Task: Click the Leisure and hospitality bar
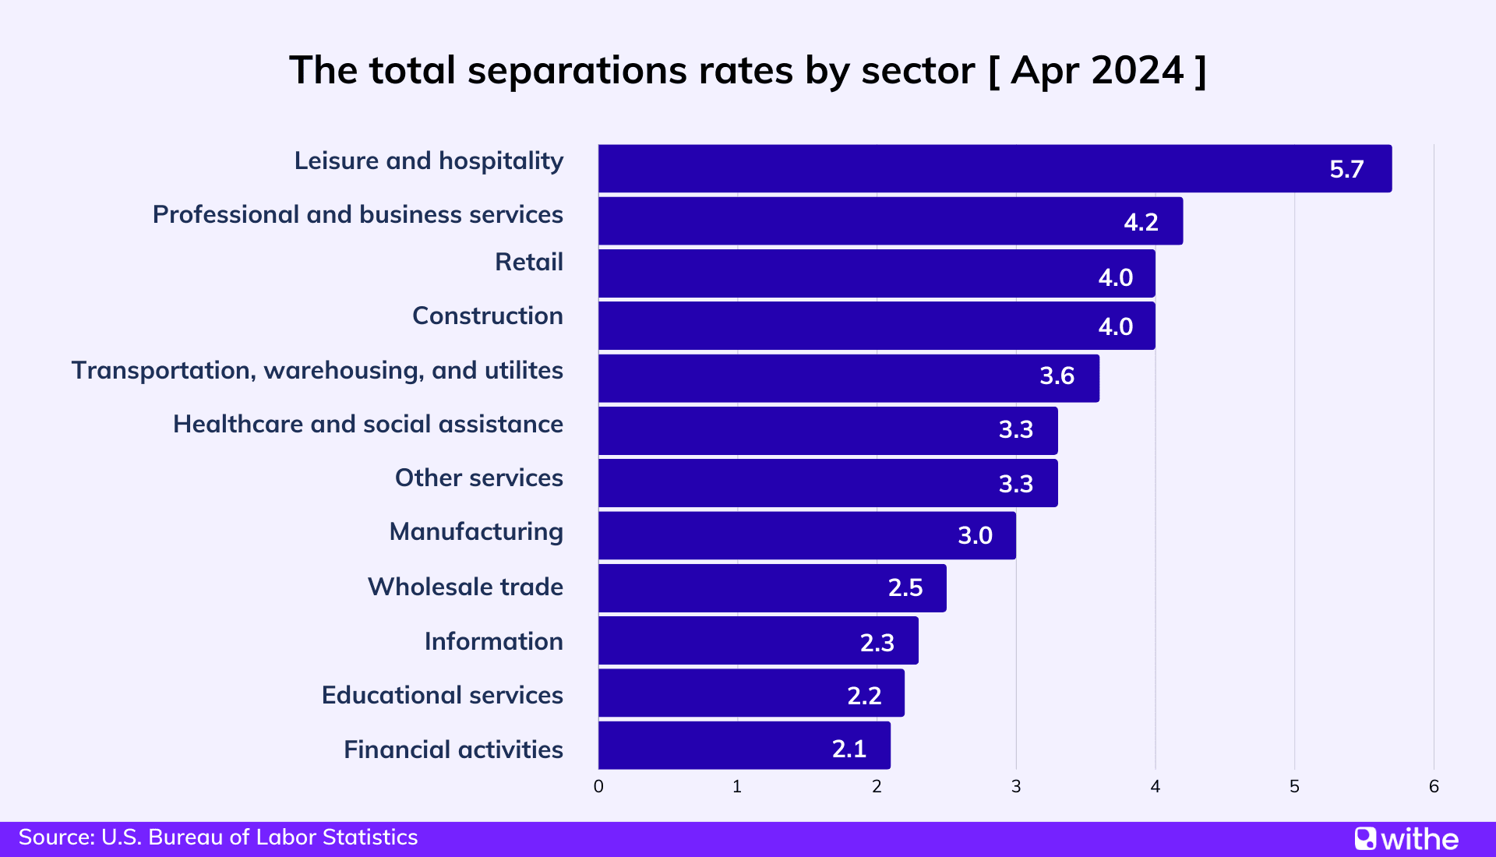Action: coord(994,168)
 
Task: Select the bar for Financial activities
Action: coord(744,746)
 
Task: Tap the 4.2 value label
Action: coord(1141,222)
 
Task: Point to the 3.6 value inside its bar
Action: coord(1057,376)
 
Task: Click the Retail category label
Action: coord(528,262)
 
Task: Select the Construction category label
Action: coord(487,316)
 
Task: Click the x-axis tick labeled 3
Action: coord(1016,787)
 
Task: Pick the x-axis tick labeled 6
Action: coord(1434,787)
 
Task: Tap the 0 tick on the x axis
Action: coord(598,787)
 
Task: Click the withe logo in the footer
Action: coord(1406,839)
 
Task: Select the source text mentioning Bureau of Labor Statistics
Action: coord(218,838)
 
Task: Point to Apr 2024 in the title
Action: coord(1097,71)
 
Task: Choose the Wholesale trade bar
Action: coord(771,588)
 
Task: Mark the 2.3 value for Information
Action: coord(877,643)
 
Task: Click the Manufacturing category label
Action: coord(476,532)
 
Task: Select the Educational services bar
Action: coord(751,693)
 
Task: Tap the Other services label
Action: coord(478,478)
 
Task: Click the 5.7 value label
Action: coord(1346,169)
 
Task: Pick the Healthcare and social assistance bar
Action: coord(827,431)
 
